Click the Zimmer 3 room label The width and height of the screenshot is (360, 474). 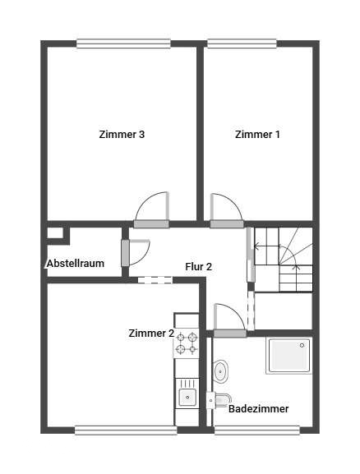point(122,135)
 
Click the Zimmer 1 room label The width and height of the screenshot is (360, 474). point(257,135)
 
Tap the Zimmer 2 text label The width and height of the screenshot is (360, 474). point(151,334)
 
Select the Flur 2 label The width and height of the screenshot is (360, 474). point(198,267)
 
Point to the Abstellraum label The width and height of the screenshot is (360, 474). point(75,264)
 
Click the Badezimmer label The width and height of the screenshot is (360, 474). point(258,408)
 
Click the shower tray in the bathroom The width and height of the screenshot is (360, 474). point(288,355)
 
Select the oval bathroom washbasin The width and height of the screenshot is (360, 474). point(221,372)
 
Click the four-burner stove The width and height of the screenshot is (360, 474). point(187,343)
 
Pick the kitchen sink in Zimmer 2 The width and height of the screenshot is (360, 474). point(187,398)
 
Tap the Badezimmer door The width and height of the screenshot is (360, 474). point(229,320)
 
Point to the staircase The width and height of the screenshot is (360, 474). point(283,259)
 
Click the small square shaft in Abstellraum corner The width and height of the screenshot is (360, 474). point(55,233)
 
